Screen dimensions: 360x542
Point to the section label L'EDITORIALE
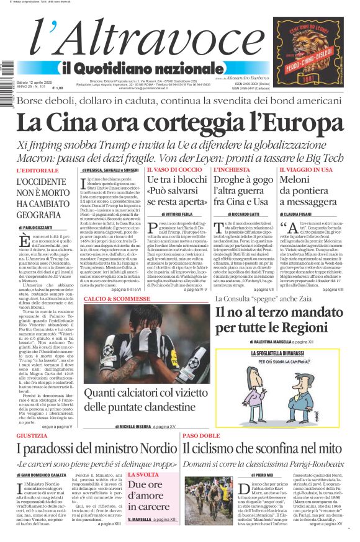pyautogui.click(x=38, y=170)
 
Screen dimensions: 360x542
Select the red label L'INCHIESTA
pyautogui.click(x=232, y=169)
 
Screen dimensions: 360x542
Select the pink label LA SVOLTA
pyautogui.click(x=143, y=474)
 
